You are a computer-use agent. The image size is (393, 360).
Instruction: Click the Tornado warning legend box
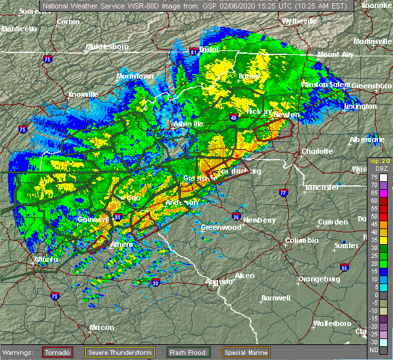(58, 351)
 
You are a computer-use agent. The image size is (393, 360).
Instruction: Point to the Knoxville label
(83, 94)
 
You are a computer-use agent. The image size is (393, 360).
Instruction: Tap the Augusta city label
(220, 281)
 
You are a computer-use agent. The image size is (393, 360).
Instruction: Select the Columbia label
(302, 240)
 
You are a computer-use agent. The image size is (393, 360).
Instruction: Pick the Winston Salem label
(324, 84)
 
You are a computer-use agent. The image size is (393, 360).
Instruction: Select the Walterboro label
(332, 323)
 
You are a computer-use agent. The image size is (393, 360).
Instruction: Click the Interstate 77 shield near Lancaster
(283, 193)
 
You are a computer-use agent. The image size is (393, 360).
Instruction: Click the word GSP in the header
(168, 5)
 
